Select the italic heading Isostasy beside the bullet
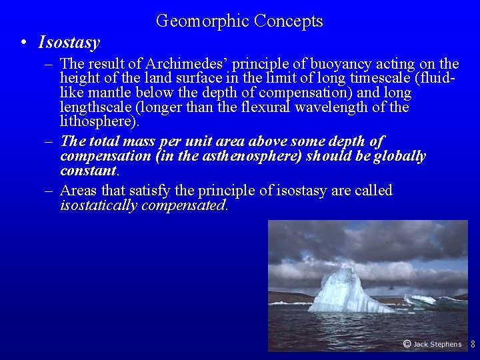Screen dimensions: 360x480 (69, 43)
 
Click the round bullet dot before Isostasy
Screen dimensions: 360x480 (23, 44)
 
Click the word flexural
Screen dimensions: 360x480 (279, 107)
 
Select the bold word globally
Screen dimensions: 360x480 (399, 156)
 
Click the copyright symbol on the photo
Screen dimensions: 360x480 (407, 344)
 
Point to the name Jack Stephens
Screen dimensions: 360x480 (437, 345)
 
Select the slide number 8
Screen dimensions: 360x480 (473, 345)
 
